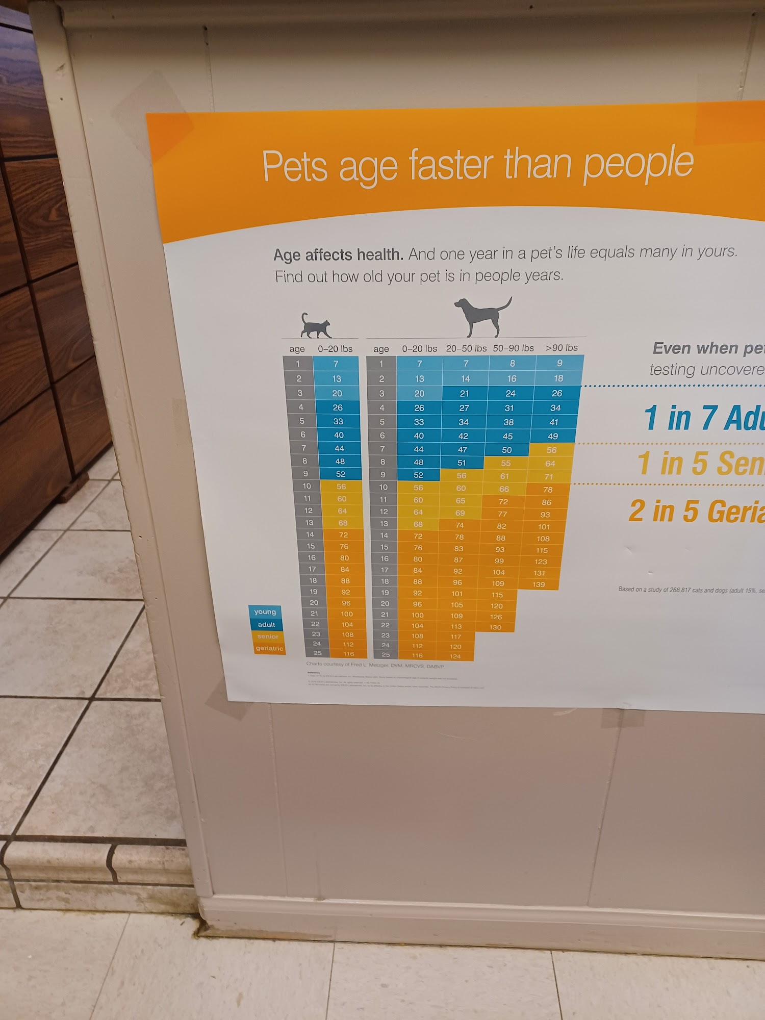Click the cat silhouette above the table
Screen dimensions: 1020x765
pos(316,326)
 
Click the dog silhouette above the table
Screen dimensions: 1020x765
pos(482,317)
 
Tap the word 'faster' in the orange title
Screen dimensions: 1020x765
pos(451,165)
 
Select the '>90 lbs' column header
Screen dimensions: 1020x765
pos(562,348)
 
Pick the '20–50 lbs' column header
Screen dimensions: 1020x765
pos(466,348)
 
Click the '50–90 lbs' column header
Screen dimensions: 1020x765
pos(513,348)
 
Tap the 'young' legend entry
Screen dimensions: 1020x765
pos(265,611)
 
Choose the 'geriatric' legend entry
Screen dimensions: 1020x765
pos(269,648)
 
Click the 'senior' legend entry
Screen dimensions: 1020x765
pos(268,636)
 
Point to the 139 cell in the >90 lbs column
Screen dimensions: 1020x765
pos(539,584)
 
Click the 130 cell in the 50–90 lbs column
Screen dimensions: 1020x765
pos(495,627)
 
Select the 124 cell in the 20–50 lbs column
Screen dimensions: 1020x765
pos(455,656)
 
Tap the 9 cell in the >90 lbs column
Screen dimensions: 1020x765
pos(559,363)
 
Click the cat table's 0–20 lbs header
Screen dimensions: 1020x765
pos(335,349)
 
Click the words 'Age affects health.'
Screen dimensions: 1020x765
pos(338,254)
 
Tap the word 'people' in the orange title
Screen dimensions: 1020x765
pos(638,163)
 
